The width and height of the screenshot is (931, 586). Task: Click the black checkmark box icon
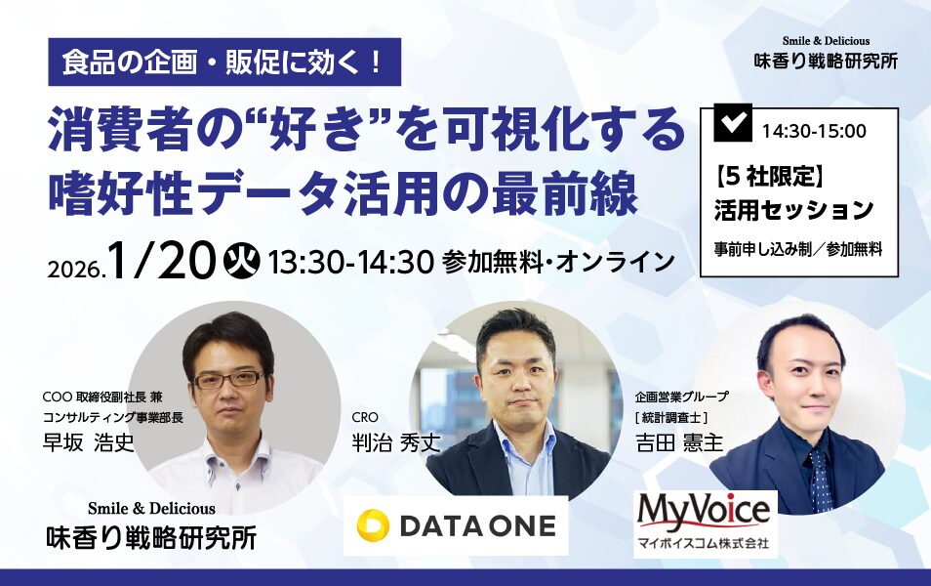click(733, 122)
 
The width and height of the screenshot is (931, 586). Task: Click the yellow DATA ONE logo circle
click(373, 525)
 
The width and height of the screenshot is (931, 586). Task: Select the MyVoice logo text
click(704, 512)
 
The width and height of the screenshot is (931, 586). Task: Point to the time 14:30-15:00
click(814, 131)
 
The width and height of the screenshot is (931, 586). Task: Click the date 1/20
click(161, 262)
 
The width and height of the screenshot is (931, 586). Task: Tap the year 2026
click(75, 270)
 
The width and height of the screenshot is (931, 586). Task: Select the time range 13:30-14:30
click(351, 262)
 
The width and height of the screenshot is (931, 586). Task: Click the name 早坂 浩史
click(89, 442)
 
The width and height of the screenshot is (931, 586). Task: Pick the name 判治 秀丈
click(396, 442)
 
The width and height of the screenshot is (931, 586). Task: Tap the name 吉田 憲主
click(679, 442)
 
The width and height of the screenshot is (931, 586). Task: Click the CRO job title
click(365, 417)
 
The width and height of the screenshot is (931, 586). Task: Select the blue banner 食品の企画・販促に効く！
click(224, 63)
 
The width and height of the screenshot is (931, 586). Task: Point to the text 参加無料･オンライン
click(558, 262)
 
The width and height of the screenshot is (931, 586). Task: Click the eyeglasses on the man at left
click(229, 379)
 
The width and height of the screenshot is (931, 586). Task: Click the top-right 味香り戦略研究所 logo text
click(826, 62)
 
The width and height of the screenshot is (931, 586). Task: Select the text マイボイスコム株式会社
click(703, 543)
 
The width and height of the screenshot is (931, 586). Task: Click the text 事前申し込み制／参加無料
click(798, 250)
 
